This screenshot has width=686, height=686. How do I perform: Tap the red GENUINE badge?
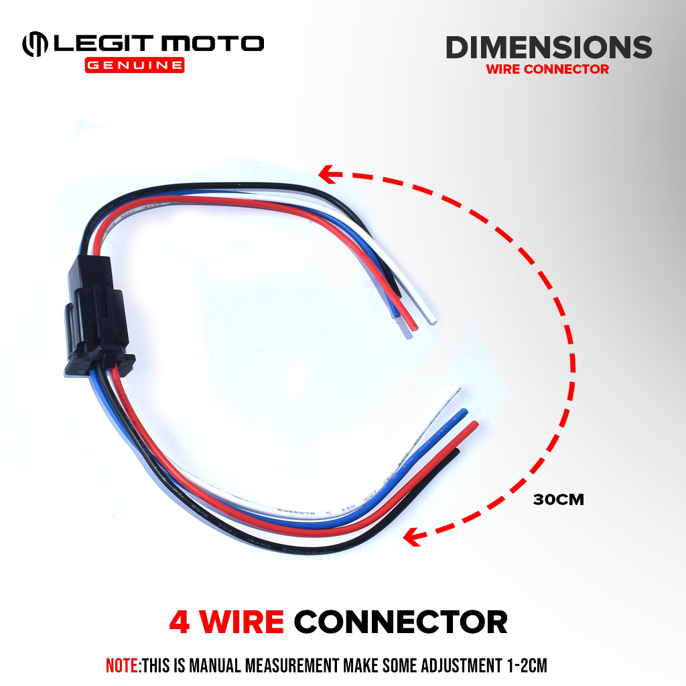coord(134,66)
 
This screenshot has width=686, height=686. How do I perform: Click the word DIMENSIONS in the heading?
coord(549,48)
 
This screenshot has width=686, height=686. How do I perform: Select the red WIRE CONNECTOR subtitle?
coord(547,69)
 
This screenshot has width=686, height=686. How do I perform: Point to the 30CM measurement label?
coord(559,500)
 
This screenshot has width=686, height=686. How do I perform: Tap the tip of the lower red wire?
coord(475,425)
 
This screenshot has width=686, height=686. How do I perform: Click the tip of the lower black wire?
coord(457,452)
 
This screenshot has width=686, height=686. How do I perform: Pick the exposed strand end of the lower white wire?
coord(459,389)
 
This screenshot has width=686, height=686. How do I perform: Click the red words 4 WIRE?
coord(226,622)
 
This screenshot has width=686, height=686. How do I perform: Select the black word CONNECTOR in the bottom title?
coord(401,622)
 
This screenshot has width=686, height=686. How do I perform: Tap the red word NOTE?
coord(121,666)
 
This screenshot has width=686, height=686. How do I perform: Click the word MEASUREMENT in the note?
coord(284,666)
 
